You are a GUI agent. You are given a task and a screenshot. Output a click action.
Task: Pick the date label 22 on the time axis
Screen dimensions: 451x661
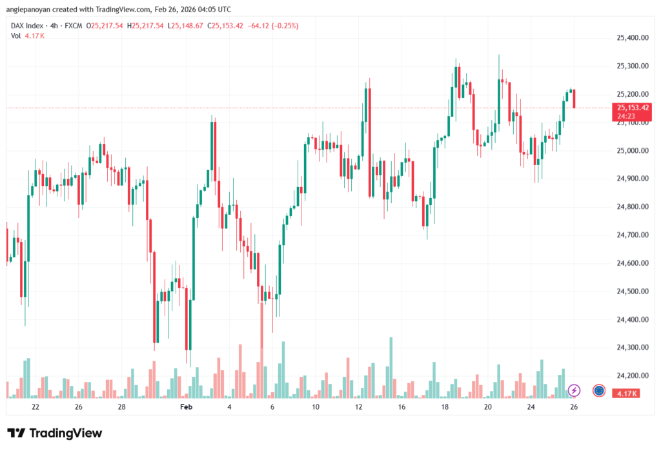(x=36, y=407)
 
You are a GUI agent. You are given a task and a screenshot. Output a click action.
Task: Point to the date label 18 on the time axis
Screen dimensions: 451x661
(x=445, y=407)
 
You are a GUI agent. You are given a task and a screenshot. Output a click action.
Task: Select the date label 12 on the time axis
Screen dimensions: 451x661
(x=358, y=407)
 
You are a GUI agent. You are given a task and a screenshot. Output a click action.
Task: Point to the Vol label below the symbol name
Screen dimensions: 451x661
(x=15, y=35)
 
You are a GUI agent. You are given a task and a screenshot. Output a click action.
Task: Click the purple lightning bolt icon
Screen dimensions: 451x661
(x=575, y=390)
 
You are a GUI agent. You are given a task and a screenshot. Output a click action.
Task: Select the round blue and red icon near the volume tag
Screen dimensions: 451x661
(x=598, y=390)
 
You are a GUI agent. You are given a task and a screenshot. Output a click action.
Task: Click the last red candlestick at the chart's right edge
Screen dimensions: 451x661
(x=574, y=99)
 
